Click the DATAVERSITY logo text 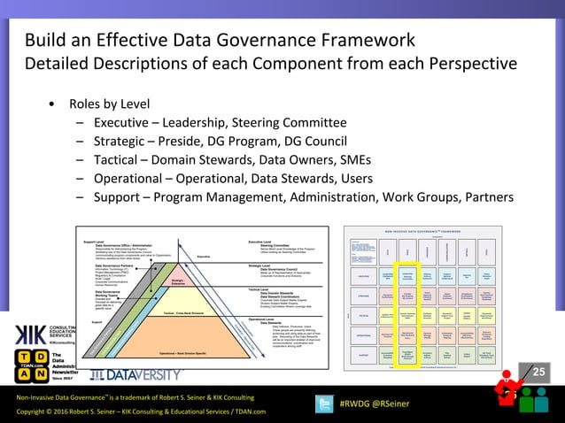tap(147, 374)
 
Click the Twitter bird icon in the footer tap(324, 404)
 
